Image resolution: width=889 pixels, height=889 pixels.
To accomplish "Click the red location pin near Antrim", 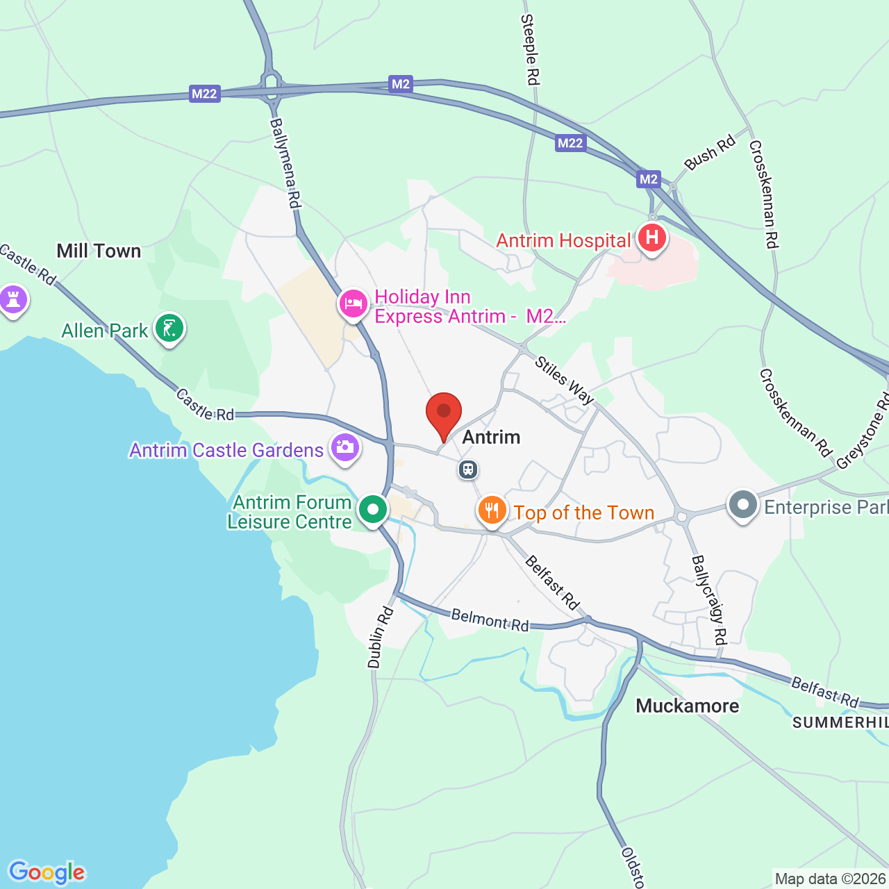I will (443, 413).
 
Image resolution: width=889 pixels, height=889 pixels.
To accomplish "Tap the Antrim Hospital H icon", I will (651, 238).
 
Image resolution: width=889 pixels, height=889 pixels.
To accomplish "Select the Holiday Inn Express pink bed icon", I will (354, 304).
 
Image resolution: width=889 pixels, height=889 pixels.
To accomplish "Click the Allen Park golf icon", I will (169, 329).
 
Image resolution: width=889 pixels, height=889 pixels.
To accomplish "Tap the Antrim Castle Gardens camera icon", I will (344, 448).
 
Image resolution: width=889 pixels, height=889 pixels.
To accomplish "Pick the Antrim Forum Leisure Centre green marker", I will (373, 510).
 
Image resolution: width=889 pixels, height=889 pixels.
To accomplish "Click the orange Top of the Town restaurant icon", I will (492, 511).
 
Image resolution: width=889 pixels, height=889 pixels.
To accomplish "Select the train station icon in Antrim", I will (468, 470).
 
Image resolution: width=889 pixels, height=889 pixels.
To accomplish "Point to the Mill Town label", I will (99, 251).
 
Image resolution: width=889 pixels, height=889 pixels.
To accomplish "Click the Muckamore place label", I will (687, 706).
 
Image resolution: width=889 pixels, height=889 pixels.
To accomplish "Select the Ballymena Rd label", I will (285, 163).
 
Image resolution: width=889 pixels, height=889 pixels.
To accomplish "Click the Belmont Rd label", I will (490, 620).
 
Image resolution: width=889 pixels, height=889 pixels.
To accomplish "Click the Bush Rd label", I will (709, 152).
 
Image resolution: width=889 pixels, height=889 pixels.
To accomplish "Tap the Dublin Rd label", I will (380, 638).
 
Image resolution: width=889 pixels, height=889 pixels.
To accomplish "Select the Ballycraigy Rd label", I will (709, 599).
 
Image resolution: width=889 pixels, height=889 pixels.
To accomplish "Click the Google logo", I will (47, 872).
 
